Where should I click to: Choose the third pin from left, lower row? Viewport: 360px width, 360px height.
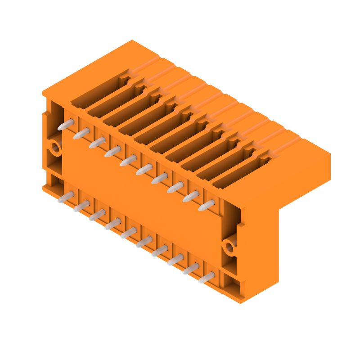97,214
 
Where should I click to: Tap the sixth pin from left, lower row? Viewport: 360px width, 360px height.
144,242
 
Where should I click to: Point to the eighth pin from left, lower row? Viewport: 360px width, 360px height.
175,259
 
